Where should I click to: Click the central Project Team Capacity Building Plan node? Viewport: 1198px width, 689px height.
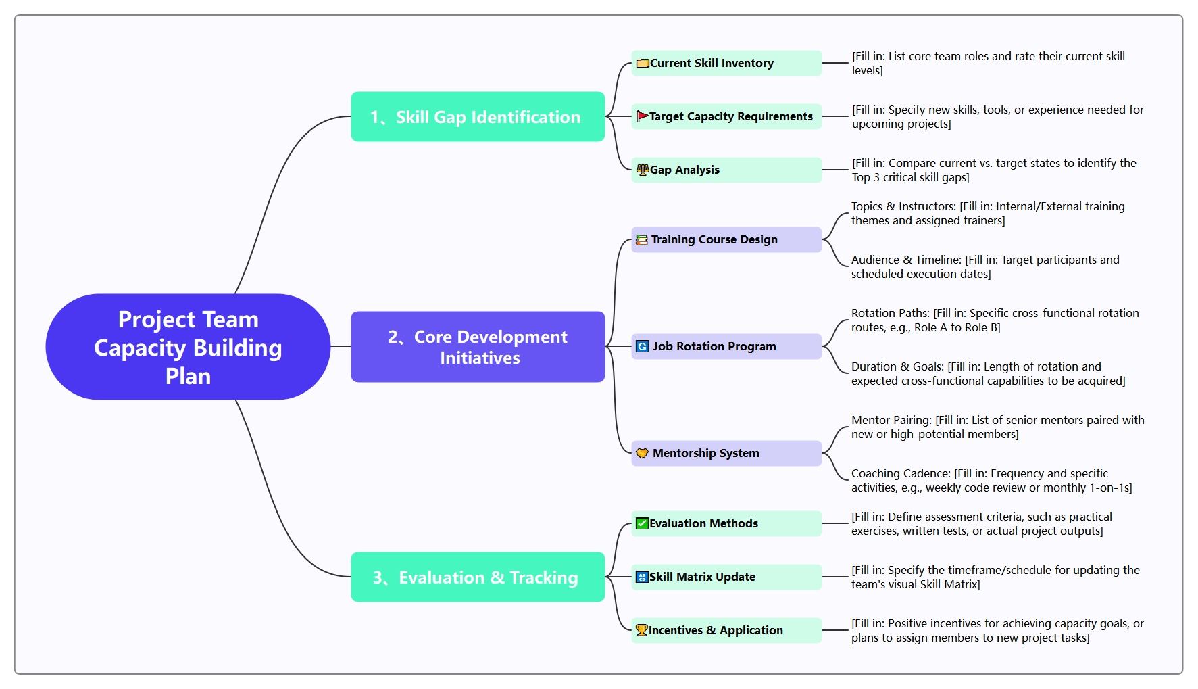click(x=188, y=347)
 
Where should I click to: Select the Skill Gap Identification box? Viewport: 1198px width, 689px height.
click(x=478, y=117)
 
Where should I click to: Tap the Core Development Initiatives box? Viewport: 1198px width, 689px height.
click(x=478, y=347)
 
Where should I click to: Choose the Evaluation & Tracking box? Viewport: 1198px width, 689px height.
click(x=478, y=577)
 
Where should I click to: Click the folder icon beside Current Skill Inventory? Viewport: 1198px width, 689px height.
click(x=643, y=64)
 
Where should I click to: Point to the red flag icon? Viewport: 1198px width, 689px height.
click(x=642, y=116)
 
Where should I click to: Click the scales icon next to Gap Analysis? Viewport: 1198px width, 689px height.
click(x=643, y=170)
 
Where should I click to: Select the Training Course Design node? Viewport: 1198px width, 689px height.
click(x=726, y=239)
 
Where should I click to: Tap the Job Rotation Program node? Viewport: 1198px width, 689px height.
click(x=726, y=346)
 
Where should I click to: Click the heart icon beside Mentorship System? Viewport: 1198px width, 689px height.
click(x=642, y=453)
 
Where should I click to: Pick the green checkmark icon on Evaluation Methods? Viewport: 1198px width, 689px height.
click(x=642, y=523)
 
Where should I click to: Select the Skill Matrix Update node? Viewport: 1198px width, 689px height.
click(x=726, y=577)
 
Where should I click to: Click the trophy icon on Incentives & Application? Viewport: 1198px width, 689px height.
click(x=642, y=630)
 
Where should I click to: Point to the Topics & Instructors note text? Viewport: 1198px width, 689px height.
click(x=988, y=214)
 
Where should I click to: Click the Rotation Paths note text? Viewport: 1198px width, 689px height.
click(x=995, y=320)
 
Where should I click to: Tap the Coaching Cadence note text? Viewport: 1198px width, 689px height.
click(x=992, y=481)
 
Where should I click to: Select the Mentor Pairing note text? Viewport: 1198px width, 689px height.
click(x=998, y=427)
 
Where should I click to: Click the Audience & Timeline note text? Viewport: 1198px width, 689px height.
click(x=985, y=267)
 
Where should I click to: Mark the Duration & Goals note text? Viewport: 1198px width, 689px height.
click(x=989, y=374)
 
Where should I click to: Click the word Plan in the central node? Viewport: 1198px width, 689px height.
click(x=188, y=376)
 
